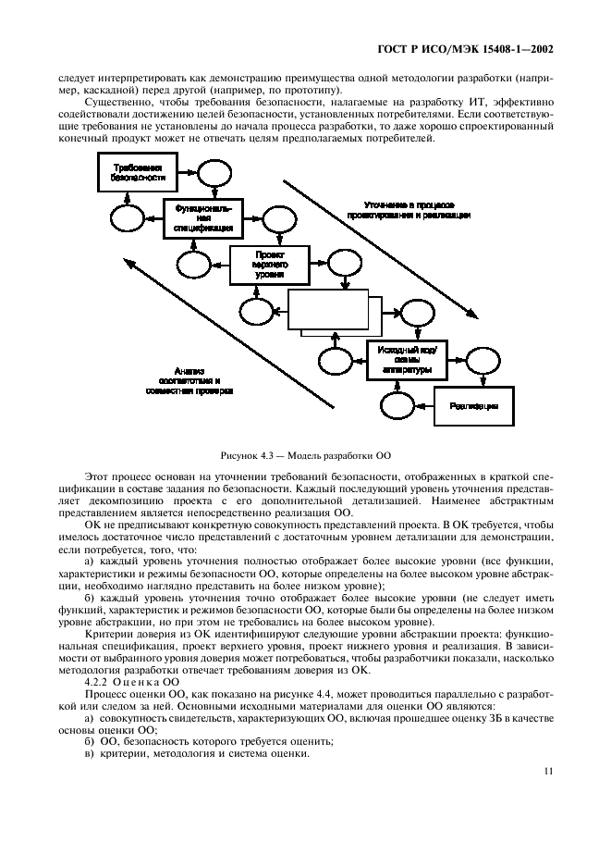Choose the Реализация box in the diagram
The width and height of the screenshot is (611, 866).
[474, 405]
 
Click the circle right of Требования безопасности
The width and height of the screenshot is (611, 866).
[212, 172]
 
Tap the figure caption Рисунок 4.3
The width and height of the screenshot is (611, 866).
[306, 456]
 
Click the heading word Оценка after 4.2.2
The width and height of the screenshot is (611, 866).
[135, 680]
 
